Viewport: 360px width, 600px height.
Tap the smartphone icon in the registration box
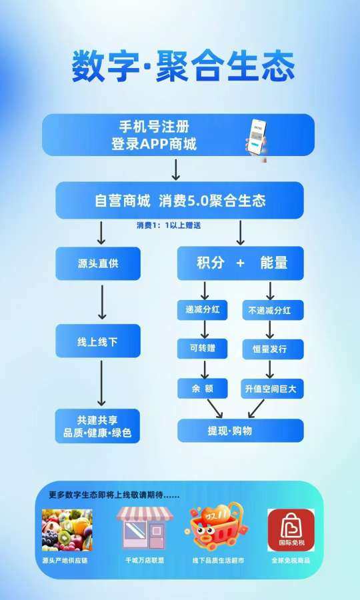tap(256, 140)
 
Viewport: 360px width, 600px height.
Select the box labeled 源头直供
tap(98, 263)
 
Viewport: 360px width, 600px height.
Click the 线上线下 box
tap(98, 341)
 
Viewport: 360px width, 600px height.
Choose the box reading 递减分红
tap(203, 309)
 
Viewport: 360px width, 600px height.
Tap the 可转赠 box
tap(203, 349)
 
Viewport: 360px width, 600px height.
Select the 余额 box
tap(203, 389)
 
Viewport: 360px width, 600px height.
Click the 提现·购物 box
tap(241, 431)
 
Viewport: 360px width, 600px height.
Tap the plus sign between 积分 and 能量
tap(240, 263)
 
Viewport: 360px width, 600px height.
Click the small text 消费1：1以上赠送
tap(169, 225)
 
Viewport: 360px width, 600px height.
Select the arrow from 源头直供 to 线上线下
tap(102, 302)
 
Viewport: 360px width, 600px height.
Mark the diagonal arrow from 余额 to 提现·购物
tap(215, 409)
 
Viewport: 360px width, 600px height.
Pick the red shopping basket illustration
tap(216, 526)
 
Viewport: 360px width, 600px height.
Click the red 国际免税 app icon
tap(291, 530)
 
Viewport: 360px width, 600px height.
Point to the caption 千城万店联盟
tap(145, 560)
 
